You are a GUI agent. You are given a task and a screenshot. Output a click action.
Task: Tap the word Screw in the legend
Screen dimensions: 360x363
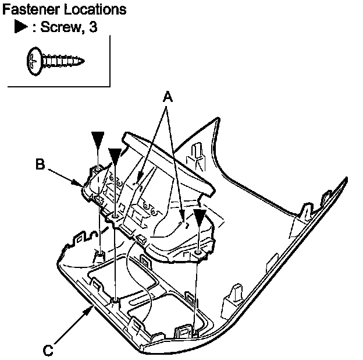(x=62, y=28)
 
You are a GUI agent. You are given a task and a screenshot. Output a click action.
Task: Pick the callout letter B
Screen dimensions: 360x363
(x=40, y=164)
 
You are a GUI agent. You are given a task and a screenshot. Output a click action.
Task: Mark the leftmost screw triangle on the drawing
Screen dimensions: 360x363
(x=98, y=139)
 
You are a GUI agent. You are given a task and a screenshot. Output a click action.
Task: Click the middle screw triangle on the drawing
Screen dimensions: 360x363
(x=115, y=156)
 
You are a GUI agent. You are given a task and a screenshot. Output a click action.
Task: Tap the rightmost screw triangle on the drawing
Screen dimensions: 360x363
(x=200, y=218)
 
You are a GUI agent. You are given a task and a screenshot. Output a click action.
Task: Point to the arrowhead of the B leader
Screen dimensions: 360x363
(x=81, y=185)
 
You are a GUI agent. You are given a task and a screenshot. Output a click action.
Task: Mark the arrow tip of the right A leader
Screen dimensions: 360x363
(x=184, y=221)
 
